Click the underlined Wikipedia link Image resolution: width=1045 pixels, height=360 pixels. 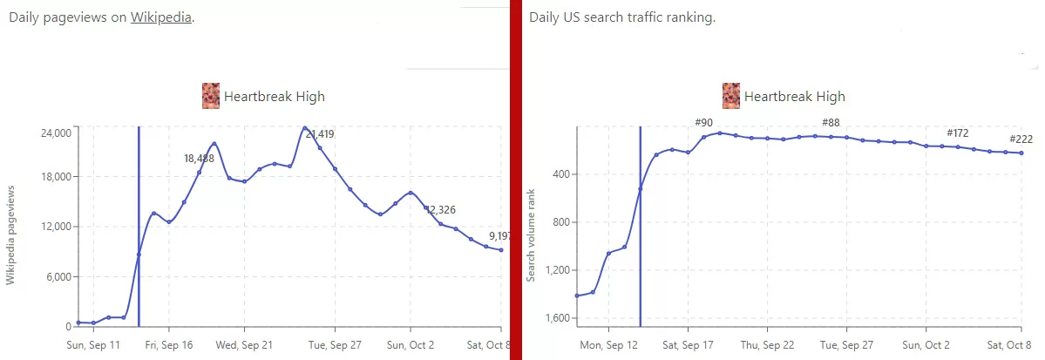(x=160, y=18)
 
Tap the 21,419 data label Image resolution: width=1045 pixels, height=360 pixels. (x=319, y=134)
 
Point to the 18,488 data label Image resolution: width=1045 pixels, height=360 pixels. (x=200, y=159)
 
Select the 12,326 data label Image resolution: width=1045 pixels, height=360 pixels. (x=441, y=210)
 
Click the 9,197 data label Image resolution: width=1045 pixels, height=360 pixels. (x=500, y=236)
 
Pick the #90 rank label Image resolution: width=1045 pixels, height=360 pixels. (x=703, y=123)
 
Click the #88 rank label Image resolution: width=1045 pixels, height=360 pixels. (x=831, y=123)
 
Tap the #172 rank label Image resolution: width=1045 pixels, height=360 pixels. (x=958, y=133)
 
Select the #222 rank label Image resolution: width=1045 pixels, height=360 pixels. (x=1021, y=139)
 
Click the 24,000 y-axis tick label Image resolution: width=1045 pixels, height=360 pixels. (x=56, y=133)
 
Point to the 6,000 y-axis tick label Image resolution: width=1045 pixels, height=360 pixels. (x=58, y=277)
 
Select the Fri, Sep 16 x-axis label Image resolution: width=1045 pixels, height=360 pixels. (x=169, y=345)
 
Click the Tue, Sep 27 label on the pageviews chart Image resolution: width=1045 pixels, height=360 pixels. (x=336, y=345)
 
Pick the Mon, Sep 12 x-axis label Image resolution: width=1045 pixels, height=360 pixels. (x=608, y=345)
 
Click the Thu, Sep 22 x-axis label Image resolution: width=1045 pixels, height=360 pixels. (x=767, y=345)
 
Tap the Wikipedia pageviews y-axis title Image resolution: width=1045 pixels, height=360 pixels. (x=11, y=234)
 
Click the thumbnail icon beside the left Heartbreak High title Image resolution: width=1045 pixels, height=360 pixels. (x=211, y=96)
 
